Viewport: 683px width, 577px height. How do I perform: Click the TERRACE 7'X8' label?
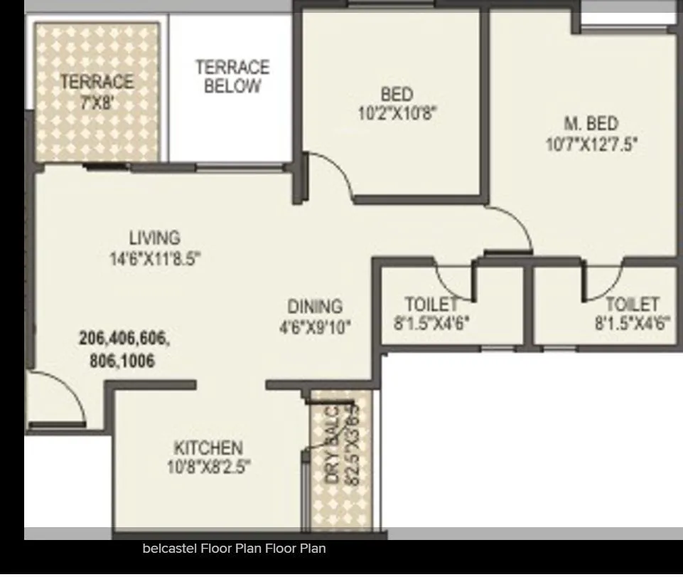[97, 91]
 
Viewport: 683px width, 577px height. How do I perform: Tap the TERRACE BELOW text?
[232, 77]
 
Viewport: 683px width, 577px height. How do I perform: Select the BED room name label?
[396, 94]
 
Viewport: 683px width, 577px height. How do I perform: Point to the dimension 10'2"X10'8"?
[396, 112]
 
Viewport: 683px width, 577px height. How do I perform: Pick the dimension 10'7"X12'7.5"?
[591, 144]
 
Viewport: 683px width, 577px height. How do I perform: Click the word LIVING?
[154, 238]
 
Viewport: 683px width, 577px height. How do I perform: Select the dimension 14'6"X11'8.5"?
[155, 259]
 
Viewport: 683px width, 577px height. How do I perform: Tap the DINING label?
[315, 307]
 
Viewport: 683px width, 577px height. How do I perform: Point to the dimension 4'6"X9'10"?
[315, 327]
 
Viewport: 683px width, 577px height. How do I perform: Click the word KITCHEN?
[208, 448]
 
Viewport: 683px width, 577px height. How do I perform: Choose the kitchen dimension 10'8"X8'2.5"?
[208, 467]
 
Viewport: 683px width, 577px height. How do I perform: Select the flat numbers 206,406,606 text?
[124, 339]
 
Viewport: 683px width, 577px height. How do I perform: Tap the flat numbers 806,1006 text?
[122, 361]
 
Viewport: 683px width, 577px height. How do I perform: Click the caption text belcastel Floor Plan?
[234, 549]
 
